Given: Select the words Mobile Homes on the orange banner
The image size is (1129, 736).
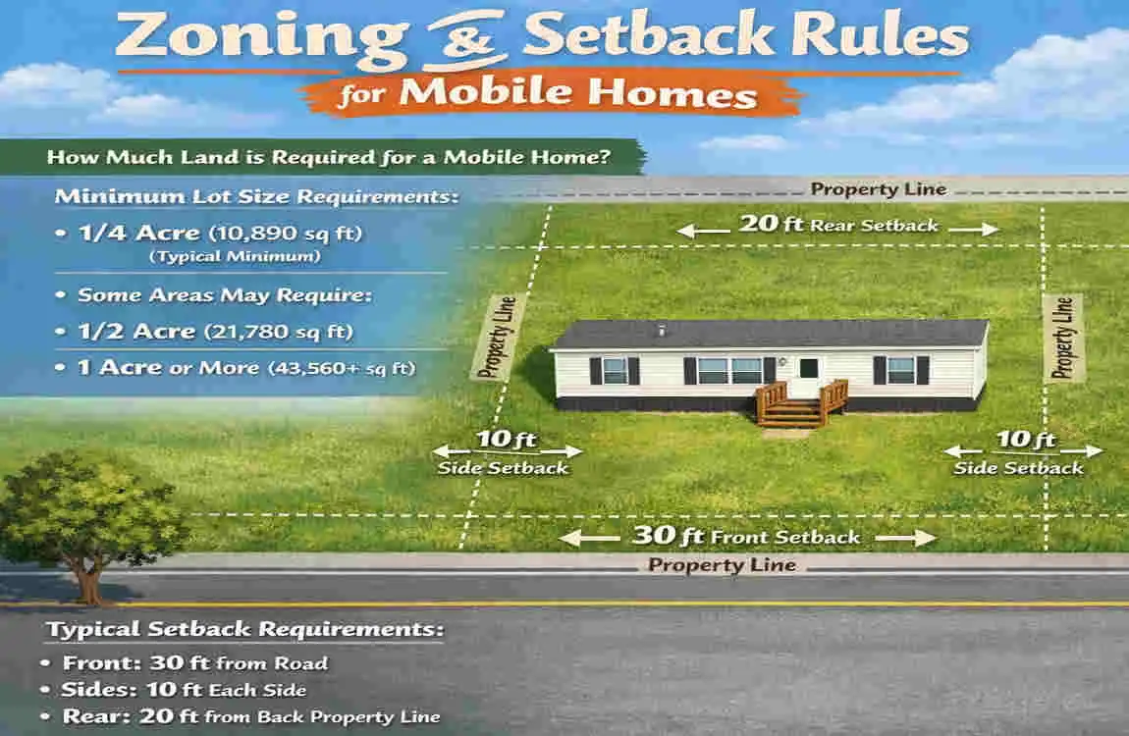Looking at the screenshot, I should click(x=580, y=94).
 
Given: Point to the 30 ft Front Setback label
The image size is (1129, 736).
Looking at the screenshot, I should click(x=746, y=537).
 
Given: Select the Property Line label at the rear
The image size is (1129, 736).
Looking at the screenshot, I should click(x=878, y=189).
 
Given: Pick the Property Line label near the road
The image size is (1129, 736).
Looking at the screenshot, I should click(x=722, y=565).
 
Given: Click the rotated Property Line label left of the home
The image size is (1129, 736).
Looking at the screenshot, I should click(x=495, y=338).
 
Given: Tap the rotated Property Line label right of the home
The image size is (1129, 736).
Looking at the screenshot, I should click(x=1063, y=338).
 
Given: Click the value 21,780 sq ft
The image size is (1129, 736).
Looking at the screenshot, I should click(x=279, y=332).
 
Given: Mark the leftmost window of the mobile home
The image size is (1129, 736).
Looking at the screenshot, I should click(x=615, y=370).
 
